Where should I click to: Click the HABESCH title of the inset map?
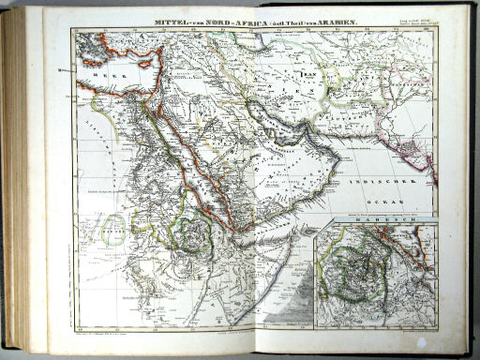376,224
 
